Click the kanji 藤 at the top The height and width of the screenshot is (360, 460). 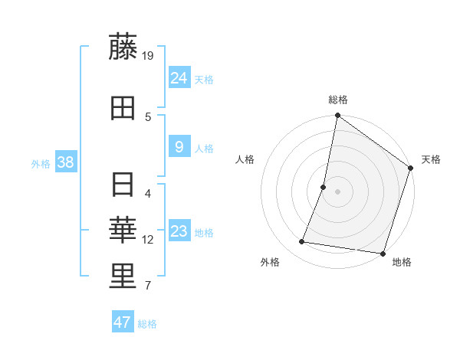(x=123, y=47)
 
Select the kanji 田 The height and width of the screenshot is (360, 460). (x=123, y=109)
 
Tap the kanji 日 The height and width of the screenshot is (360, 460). (x=123, y=185)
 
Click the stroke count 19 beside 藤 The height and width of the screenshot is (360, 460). (x=148, y=55)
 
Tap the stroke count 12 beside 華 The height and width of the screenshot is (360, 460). (x=148, y=240)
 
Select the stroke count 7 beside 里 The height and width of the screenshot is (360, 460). (x=148, y=286)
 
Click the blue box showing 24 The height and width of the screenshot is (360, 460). (x=179, y=77)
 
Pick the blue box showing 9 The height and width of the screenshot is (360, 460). (x=179, y=146)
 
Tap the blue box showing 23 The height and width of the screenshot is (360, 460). (x=179, y=231)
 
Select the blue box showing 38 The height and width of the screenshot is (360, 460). (x=65, y=162)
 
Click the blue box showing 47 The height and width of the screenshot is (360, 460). (x=123, y=322)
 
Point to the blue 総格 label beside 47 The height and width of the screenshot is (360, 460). (x=147, y=324)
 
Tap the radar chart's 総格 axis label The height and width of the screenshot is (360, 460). (x=338, y=100)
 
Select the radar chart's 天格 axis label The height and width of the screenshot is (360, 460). (x=431, y=159)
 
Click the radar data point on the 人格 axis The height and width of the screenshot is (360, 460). (x=324, y=187)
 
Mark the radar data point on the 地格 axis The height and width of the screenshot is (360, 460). (x=382, y=253)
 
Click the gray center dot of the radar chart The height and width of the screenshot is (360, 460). (x=337, y=191)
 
